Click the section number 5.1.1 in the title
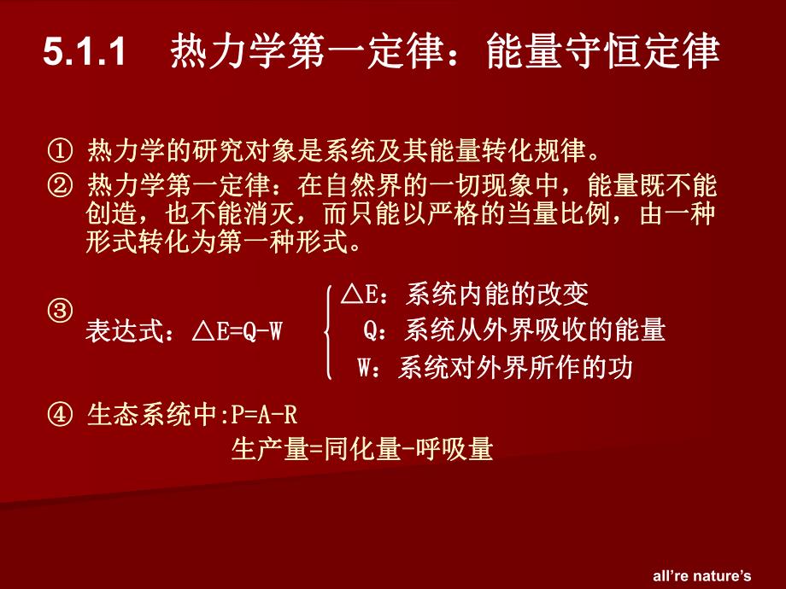point(84,54)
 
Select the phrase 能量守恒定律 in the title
point(601,53)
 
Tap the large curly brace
point(328,333)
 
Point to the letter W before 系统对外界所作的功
point(366,368)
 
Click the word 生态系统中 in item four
point(153,417)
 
